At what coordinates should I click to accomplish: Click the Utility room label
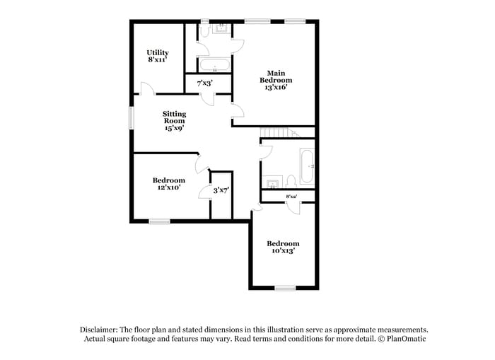coord(158,57)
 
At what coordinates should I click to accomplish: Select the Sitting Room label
coord(175,121)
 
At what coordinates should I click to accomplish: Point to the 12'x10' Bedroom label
coord(170,184)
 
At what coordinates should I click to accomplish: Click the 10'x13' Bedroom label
coord(283,247)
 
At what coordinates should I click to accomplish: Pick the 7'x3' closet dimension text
coord(204,83)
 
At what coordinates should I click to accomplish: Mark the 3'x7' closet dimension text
coord(221,190)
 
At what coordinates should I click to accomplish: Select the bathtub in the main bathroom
coord(214,66)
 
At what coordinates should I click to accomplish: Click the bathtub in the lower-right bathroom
coord(307,167)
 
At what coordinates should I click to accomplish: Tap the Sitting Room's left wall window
coord(131,117)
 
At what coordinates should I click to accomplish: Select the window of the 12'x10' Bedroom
coord(160,221)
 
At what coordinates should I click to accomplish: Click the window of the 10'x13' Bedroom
coord(285,287)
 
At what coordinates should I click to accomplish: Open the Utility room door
coord(146,89)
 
